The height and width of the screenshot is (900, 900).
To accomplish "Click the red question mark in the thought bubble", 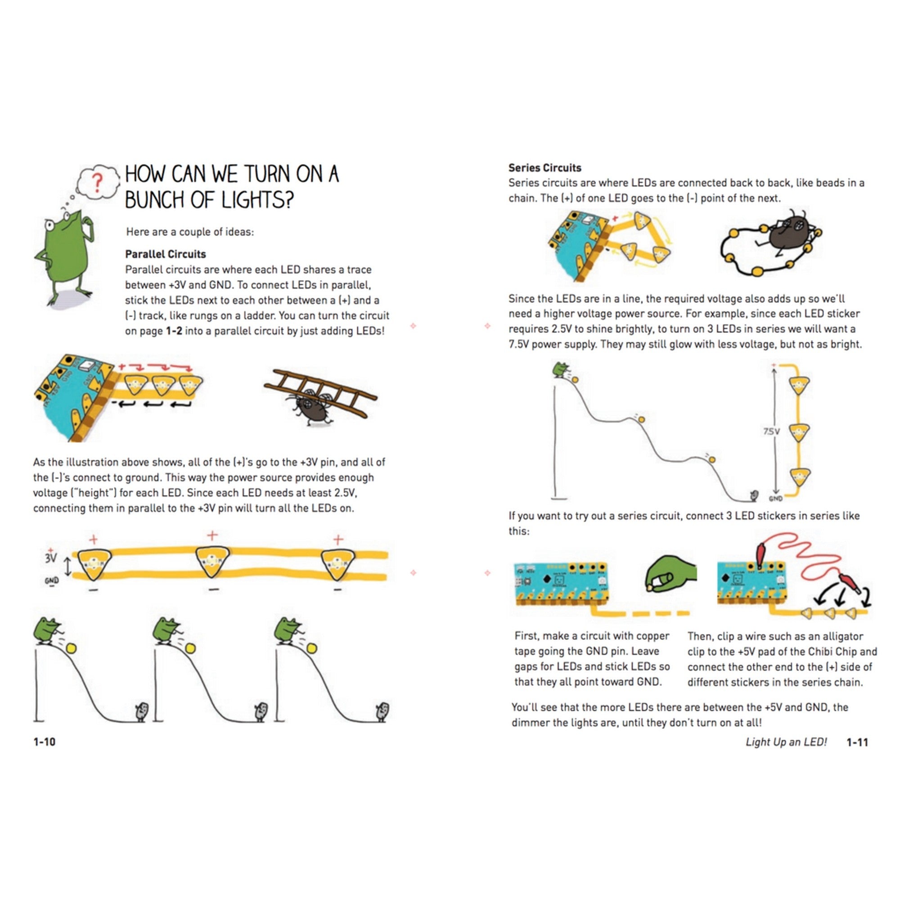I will (97, 183).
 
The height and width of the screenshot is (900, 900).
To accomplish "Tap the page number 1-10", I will (44, 742).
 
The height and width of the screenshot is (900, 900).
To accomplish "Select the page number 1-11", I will (857, 742).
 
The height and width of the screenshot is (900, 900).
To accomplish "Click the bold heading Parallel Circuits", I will (165, 254).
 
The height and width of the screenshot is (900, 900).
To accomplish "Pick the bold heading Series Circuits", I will (544, 168).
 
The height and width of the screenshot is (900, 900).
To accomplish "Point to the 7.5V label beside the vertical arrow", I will (771, 432).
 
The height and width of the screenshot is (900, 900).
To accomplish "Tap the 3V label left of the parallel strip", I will (51, 558).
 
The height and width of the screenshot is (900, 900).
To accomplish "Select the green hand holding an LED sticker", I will (670, 573).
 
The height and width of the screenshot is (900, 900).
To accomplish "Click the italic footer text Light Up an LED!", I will (786, 742).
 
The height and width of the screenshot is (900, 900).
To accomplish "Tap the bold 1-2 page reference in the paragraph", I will (174, 331).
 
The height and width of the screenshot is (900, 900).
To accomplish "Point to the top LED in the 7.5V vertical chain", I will (799, 385).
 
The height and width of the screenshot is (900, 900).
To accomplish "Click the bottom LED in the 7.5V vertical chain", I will (799, 477).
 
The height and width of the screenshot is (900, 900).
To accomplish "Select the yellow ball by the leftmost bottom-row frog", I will (71, 648).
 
